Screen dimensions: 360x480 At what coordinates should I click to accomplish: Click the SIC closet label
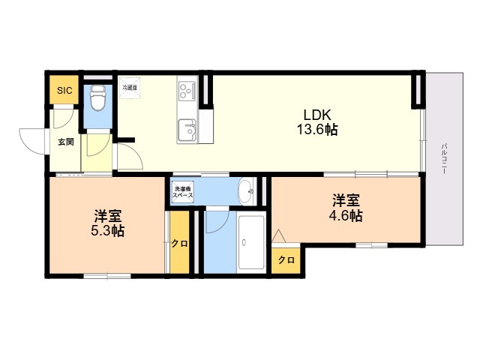click(65, 91)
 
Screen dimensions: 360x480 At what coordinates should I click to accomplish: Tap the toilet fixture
click(97, 97)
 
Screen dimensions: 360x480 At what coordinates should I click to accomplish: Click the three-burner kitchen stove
click(186, 91)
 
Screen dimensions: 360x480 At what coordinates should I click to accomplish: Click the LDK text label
click(316, 115)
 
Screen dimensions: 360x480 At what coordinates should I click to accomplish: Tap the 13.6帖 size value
click(316, 130)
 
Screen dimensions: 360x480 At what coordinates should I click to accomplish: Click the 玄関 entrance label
click(65, 141)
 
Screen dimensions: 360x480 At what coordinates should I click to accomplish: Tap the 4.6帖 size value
click(346, 216)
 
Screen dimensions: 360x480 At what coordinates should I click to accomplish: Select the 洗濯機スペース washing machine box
click(183, 192)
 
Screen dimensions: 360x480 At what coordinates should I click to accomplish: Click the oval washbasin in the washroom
click(246, 192)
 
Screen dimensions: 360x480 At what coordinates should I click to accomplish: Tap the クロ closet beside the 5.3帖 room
click(179, 244)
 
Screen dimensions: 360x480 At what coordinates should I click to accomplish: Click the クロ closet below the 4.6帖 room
click(286, 260)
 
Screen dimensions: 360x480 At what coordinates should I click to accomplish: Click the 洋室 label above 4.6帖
click(346, 200)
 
